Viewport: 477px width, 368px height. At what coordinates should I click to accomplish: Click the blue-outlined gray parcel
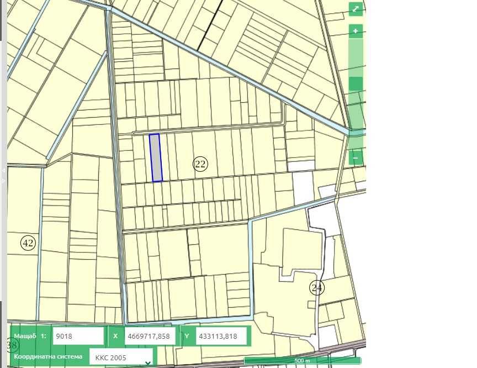point(156,158)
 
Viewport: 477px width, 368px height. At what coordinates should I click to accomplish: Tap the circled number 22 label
point(200,164)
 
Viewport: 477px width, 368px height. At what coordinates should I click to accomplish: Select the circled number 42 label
point(28,243)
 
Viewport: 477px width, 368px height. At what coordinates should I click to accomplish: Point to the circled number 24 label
point(316,288)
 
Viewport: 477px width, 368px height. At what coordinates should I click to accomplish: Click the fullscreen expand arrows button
point(356,9)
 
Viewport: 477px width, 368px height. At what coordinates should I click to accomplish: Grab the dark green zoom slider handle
point(356,83)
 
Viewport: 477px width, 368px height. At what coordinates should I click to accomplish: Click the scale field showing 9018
point(78,336)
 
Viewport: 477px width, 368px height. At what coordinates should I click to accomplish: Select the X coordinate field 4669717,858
point(151,336)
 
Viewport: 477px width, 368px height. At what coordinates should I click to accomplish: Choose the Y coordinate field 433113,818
point(220,336)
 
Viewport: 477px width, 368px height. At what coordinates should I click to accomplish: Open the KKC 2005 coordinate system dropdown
point(121,357)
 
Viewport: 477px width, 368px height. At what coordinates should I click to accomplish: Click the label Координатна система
point(48,356)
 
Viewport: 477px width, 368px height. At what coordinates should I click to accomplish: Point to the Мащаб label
point(25,336)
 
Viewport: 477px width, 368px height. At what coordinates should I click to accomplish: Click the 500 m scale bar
point(302,361)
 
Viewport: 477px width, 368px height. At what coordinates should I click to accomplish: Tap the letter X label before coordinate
point(115,336)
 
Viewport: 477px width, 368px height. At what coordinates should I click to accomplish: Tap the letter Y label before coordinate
point(187,336)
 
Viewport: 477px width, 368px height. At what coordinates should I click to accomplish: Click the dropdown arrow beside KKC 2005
point(147,362)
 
